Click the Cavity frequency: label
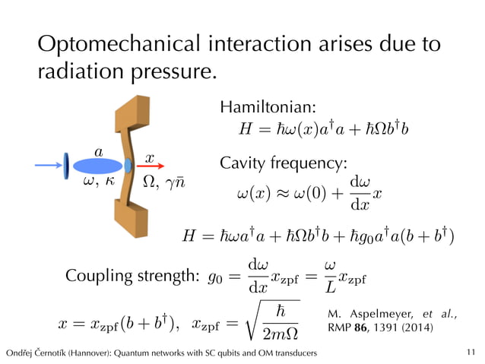click(283, 163)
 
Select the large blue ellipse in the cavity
click(97, 165)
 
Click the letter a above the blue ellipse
click(98, 152)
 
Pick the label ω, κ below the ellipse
click(97, 181)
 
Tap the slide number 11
click(471, 353)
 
